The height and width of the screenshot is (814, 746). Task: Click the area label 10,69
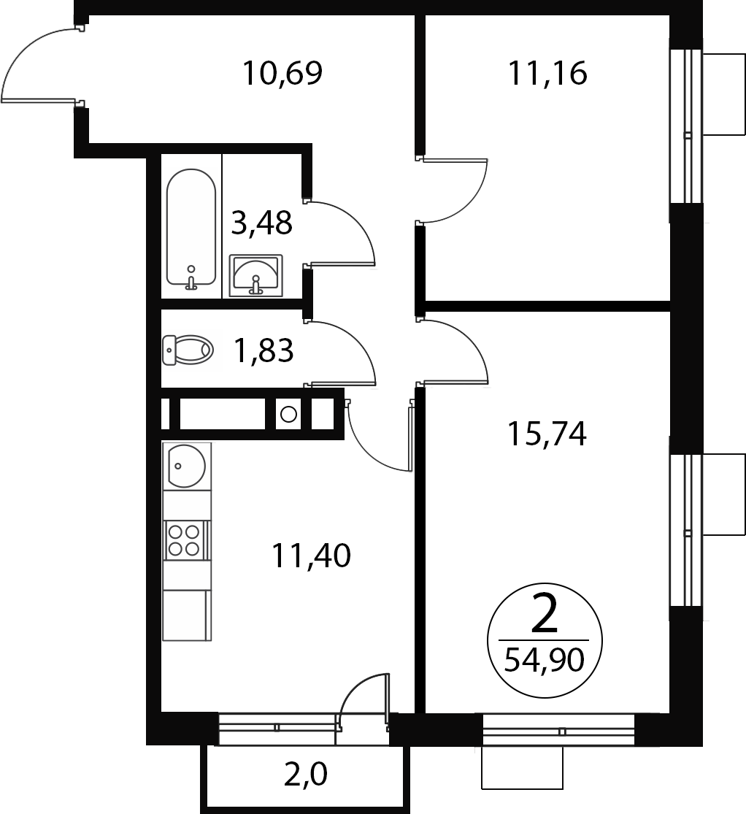282,73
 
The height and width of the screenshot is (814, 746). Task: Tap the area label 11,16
547,73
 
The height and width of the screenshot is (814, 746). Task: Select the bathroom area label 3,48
261,223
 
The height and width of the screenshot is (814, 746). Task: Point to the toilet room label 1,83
264,350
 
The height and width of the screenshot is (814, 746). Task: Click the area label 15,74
547,434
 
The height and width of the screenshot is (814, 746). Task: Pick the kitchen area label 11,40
311,556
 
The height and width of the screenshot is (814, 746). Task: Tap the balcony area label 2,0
306,775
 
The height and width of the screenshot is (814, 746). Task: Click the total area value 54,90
545,661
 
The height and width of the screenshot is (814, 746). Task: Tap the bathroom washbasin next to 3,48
256,275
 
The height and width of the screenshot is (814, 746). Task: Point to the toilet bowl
188,350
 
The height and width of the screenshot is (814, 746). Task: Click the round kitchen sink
186,466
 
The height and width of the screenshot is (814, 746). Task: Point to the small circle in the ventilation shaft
288,414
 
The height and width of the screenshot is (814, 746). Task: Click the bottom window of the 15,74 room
558,730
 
